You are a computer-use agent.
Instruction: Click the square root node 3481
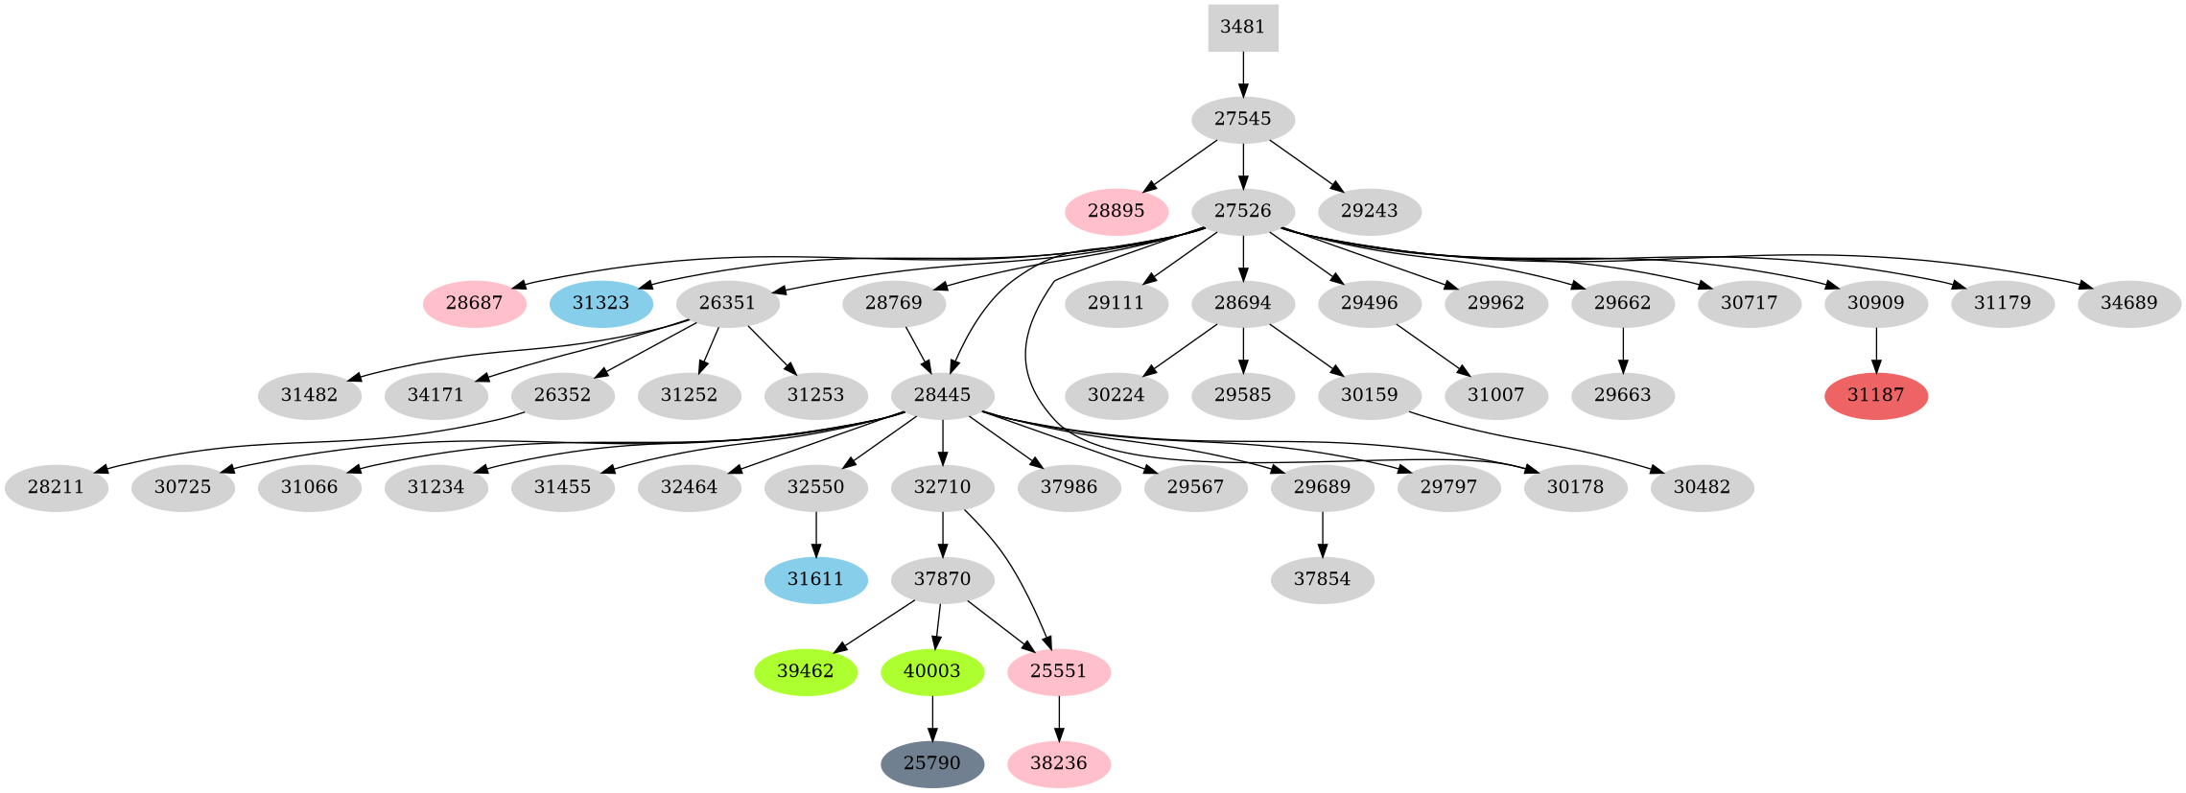tap(1242, 28)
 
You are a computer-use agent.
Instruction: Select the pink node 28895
tap(1116, 212)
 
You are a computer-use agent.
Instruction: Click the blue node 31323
tap(601, 304)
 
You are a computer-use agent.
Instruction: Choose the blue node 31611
tap(815, 580)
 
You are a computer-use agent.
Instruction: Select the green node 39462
tap(805, 672)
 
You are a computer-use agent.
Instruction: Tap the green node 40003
tap(931, 672)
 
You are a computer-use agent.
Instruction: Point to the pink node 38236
tap(1058, 764)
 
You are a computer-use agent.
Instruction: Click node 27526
tap(1242, 212)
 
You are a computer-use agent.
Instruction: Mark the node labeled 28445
tap(942, 396)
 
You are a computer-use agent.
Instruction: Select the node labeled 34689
tap(2128, 304)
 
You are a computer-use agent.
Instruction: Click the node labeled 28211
tap(56, 488)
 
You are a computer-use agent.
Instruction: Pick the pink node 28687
tap(474, 304)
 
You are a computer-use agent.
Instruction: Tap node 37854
tap(1322, 580)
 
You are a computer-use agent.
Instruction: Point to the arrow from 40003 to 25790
tap(931, 718)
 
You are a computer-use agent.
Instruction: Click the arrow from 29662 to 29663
tap(1622, 350)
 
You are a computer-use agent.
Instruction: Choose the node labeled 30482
tap(1702, 488)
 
